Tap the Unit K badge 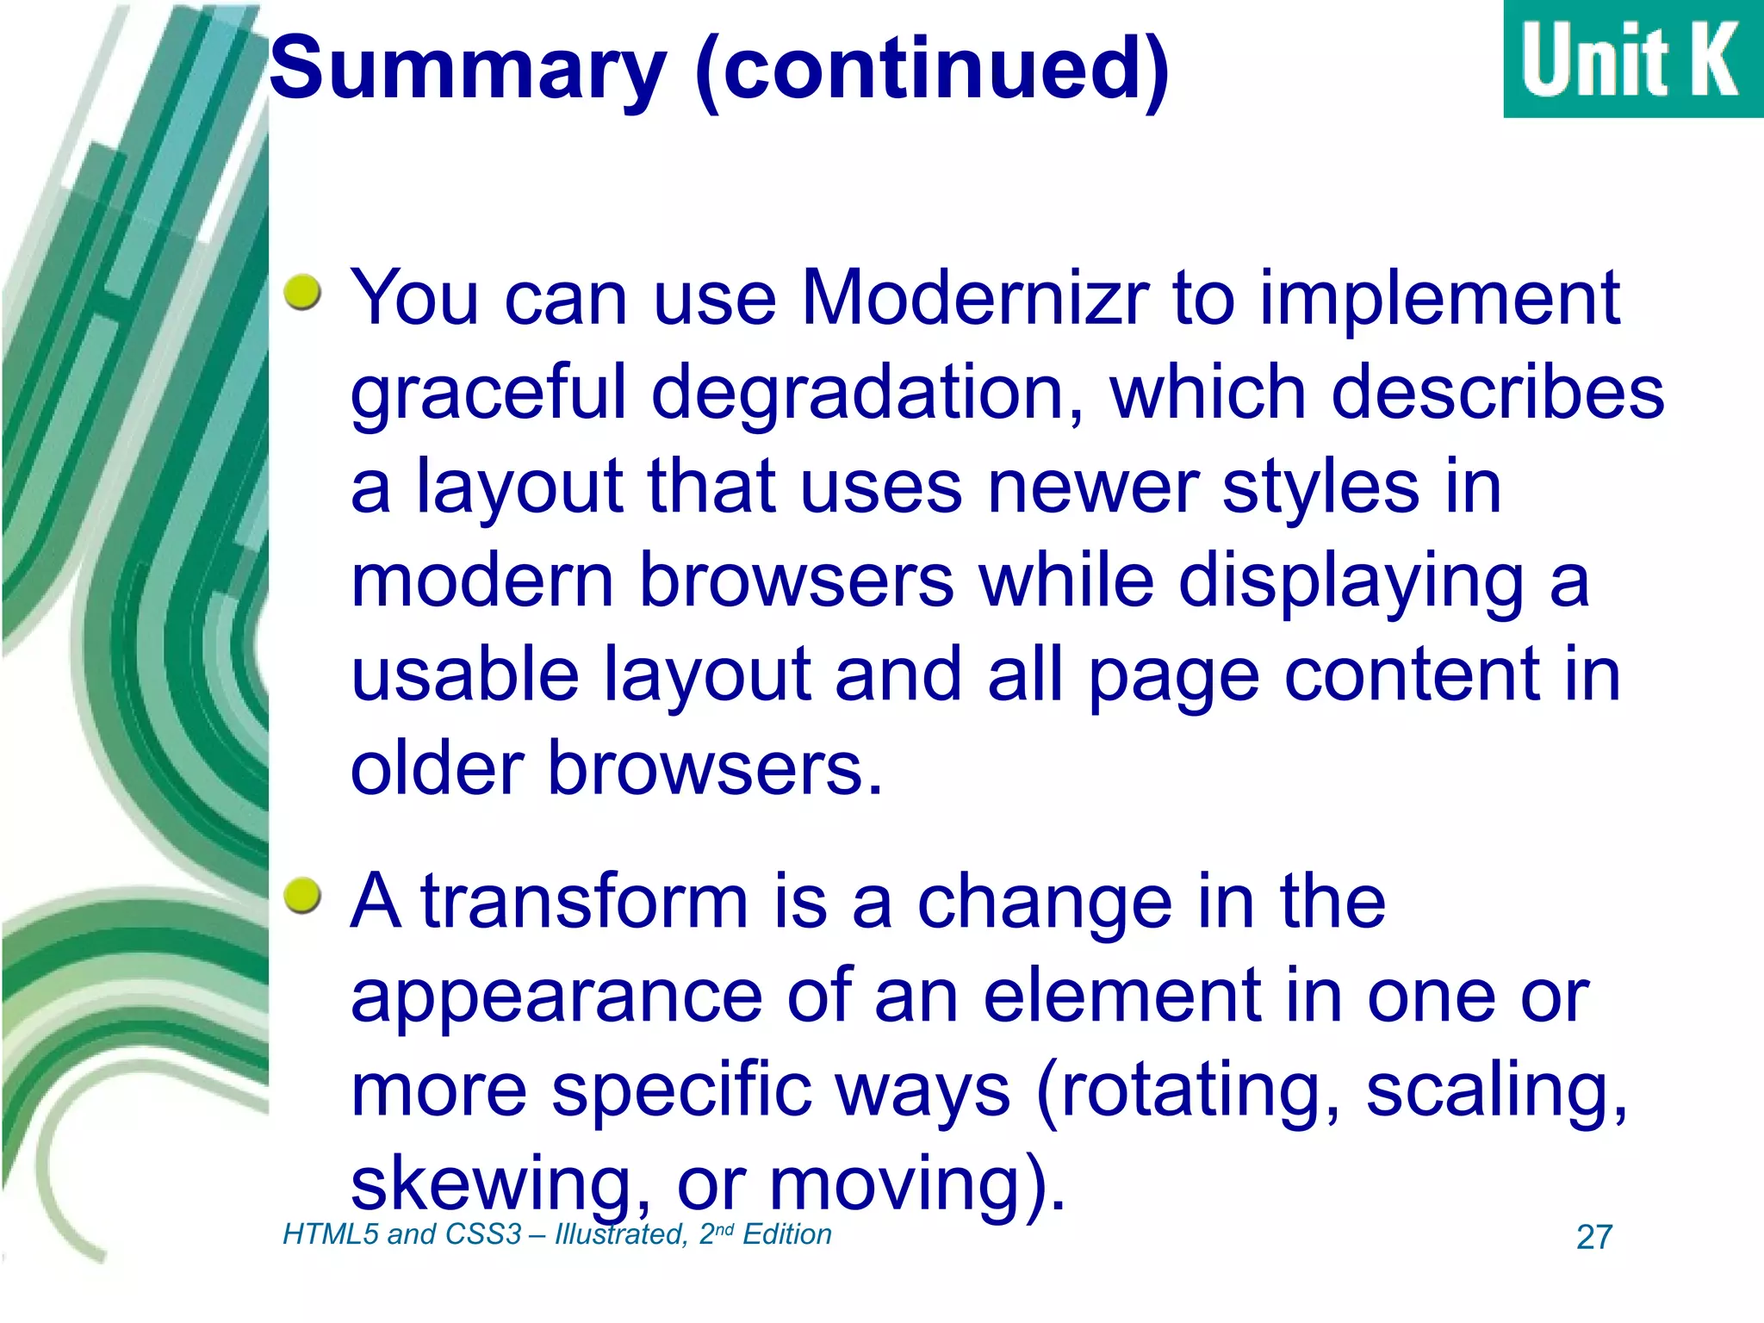(x=1632, y=59)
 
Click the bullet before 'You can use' (x=302, y=293)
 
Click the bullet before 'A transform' (x=302, y=896)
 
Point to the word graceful (x=488, y=394)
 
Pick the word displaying (x=1351, y=582)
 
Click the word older (x=438, y=768)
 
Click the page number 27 (x=1593, y=1238)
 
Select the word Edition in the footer (x=786, y=1234)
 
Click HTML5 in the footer (x=331, y=1234)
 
